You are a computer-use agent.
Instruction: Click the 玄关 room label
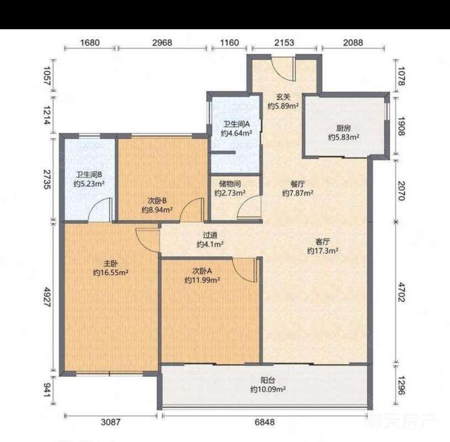coord(283,97)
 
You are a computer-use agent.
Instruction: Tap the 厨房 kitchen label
coord(343,128)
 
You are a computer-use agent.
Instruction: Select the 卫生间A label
coord(236,124)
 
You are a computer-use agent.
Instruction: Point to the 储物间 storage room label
coord(230,184)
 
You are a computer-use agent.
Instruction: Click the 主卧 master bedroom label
coord(110,263)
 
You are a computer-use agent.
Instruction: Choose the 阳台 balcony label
coord(268,380)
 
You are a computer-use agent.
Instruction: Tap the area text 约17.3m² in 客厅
coord(322,251)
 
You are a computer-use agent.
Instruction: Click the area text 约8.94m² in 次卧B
coord(157,209)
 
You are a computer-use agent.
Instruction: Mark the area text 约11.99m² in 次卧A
coord(202,280)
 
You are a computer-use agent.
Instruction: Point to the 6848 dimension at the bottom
coord(264,422)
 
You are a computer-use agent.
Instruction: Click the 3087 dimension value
coord(111,422)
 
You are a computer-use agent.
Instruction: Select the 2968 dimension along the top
coord(162,43)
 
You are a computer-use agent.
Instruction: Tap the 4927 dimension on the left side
coord(47,297)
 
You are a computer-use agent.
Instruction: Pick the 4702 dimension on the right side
coord(401,292)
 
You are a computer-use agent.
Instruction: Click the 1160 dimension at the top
coord(229,43)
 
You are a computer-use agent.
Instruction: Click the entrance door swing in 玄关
coord(283,69)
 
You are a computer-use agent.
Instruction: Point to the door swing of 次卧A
coord(244,270)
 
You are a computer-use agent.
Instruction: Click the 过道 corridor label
coord(210,235)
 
